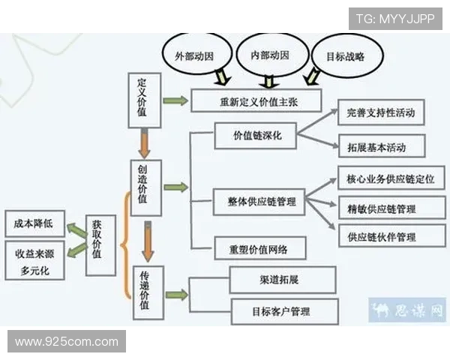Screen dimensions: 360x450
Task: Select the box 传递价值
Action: [x=148, y=292]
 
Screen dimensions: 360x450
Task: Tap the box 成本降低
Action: [x=34, y=223]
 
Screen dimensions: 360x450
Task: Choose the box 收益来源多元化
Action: [x=34, y=260]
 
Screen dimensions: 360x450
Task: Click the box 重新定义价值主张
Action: [x=256, y=100]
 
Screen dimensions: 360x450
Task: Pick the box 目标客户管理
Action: [x=284, y=310]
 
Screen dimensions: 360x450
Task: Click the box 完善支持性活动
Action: [x=381, y=112]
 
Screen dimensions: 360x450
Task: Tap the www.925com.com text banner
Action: [x=66, y=342]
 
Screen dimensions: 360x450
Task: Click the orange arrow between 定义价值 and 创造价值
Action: [x=145, y=141]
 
